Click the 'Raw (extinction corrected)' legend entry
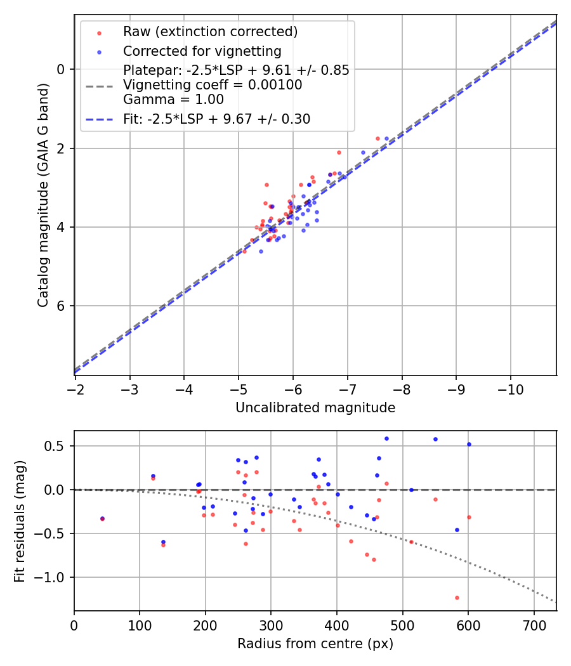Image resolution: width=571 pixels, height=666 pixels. (x=210, y=32)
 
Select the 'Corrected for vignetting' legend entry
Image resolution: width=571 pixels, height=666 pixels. (x=202, y=51)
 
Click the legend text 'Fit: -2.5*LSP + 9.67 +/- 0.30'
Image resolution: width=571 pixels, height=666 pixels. (x=216, y=119)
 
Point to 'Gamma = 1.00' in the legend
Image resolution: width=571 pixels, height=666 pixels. (x=173, y=99)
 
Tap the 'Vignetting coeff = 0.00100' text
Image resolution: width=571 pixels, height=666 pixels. (x=213, y=85)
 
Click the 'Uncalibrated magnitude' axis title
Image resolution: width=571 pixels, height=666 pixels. (x=315, y=408)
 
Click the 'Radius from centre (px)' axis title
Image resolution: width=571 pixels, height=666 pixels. (x=315, y=644)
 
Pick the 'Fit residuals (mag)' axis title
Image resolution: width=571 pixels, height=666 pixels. (x=20, y=521)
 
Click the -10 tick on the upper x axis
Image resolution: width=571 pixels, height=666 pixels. (x=511, y=388)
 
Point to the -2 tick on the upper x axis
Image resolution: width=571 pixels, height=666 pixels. (x=75, y=388)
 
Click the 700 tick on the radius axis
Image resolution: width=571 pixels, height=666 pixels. (x=534, y=624)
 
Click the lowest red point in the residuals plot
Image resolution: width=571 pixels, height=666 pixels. (x=457, y=597)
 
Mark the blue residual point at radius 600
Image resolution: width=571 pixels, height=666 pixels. (x=469, y=444)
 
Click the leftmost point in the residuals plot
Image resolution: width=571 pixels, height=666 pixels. (x=102, y=518)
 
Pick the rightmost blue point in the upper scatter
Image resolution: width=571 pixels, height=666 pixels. (x=386, y=138)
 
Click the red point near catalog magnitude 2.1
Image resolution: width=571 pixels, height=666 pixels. (x=339, y=152)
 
